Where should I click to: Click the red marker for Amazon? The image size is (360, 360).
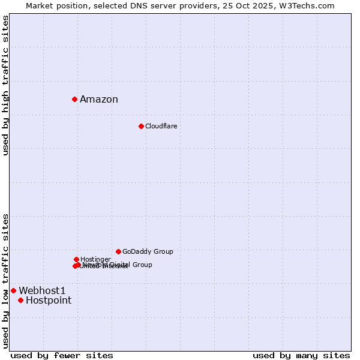click(x=74, y=99)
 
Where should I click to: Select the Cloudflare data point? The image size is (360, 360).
click(x=141, y=126)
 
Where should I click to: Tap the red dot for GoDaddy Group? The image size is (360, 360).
click(x=118, y=251)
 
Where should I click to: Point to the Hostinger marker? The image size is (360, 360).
click(x=76, y=259)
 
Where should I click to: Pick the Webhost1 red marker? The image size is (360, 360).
click(x=13, y=290)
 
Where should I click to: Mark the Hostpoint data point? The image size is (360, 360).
click(x=20, y=300)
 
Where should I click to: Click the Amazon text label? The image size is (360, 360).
click(x=99, y=100)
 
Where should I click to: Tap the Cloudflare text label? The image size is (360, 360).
click(x=161, y=126)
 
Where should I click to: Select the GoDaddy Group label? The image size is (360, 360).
click(x=148, y=251)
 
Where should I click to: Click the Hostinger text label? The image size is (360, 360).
click(x=95, y=259)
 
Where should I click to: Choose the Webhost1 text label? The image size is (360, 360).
click(x=42, y=290)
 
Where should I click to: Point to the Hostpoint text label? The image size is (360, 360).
click(x=49, y=301)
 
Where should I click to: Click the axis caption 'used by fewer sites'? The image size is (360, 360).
click(x=62, y=355)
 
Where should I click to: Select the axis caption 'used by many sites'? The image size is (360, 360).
click(x=301, y=355)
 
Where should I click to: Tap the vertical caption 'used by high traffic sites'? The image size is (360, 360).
click(x=6, y=85)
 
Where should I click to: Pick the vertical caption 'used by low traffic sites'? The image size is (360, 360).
click(x=6, y=281)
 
